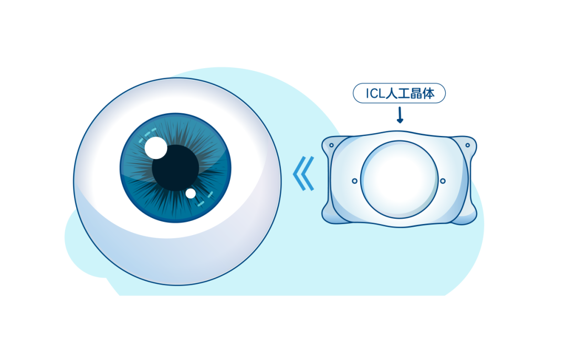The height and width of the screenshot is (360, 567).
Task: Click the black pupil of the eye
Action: (x=176, y=168)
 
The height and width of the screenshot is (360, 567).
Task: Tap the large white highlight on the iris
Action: (x=155, y=147)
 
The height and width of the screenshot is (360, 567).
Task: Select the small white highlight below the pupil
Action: (x=191, y=194)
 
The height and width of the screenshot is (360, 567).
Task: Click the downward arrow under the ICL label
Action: (x=400, y=115)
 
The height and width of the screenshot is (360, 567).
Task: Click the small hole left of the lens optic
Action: (x=354, y=181)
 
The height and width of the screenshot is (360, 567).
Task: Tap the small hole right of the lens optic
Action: (x=443, y=181)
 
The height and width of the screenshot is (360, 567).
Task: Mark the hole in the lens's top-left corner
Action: (x=331, y=145)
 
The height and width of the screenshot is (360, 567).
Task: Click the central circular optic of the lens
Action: (x=399, y=179)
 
